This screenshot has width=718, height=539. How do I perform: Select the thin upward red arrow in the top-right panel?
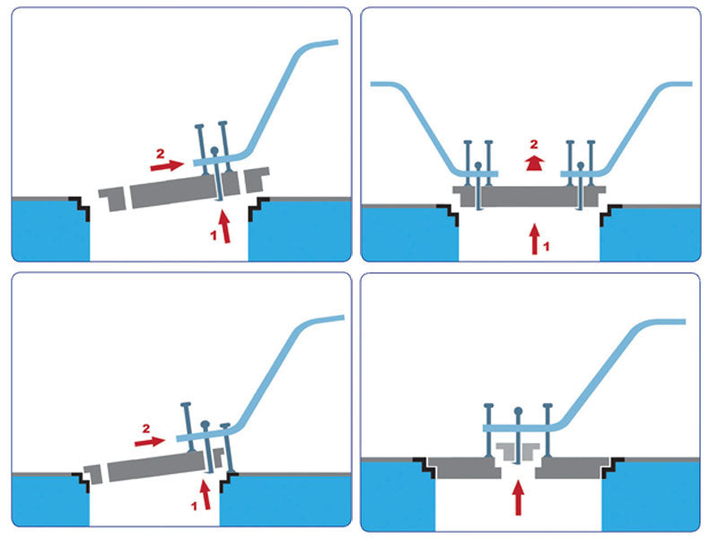(x=536, y=238)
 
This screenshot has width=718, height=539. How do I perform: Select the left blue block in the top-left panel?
(x=50, y=230)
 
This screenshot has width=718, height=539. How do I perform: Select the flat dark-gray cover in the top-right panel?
(x=530, y=194)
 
